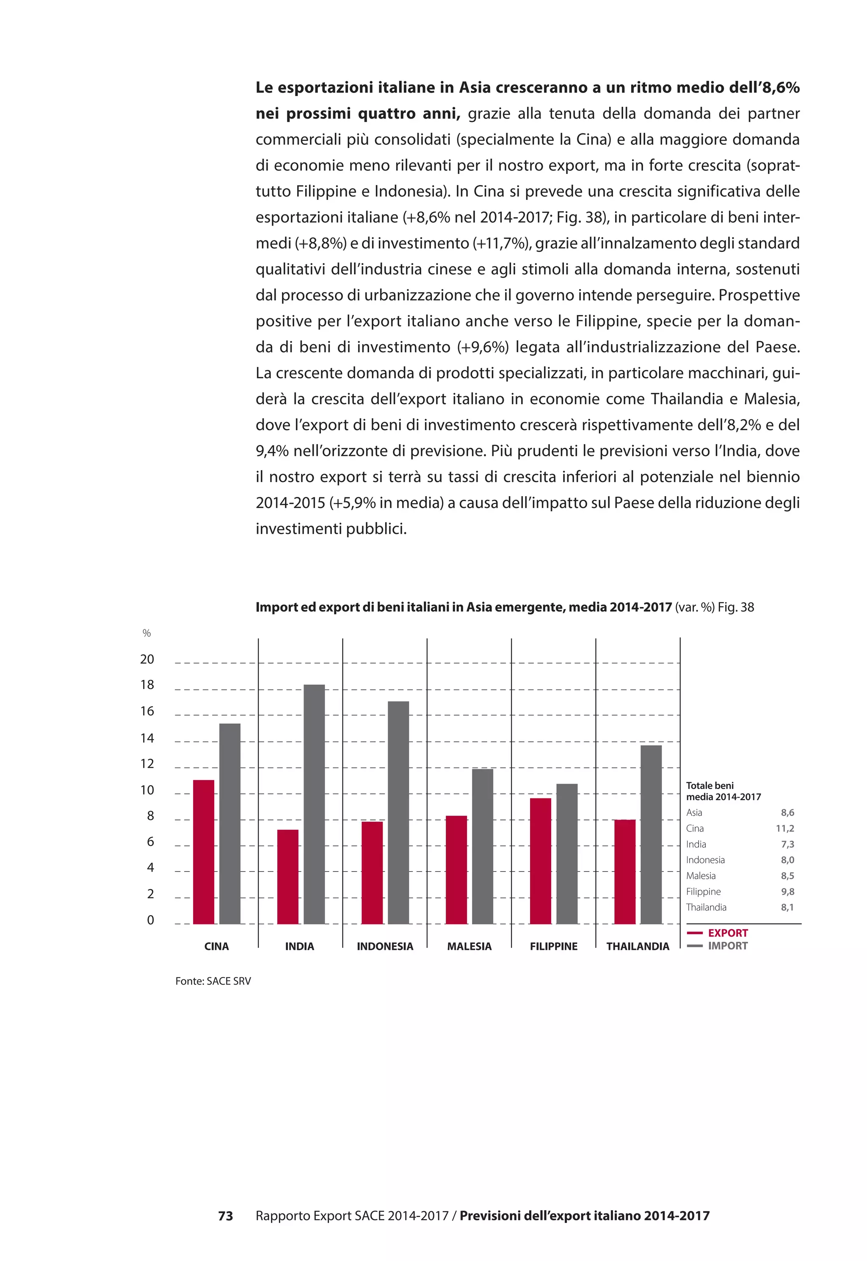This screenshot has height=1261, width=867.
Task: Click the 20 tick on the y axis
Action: (x=147, y=659)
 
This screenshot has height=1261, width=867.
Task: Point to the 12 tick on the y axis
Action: (x=147, y=764)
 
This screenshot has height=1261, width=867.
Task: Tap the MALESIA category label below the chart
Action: (x=469, y=946)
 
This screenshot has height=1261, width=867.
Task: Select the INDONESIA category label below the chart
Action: (x=385, y=946)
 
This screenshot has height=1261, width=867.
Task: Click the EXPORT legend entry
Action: (x=727, y=933)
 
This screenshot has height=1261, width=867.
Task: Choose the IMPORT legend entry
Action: (x=727, y=946)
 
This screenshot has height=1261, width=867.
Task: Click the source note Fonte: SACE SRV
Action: (x=213, y=981)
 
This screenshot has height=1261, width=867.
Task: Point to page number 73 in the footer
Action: (x=226, y=1216)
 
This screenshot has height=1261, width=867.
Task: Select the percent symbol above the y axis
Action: (x=146, y=633)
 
